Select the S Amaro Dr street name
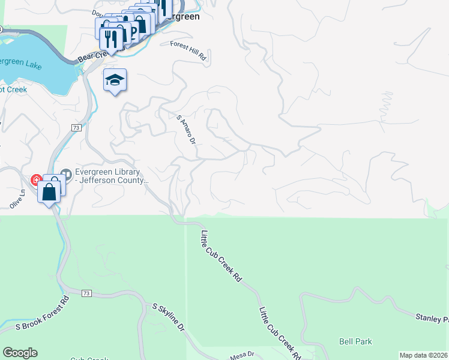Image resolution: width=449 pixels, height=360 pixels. (186, 130)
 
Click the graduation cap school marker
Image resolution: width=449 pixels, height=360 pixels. (115, 80)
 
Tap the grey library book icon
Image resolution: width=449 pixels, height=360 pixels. (65, 175)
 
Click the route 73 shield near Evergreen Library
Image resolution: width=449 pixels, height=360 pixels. (76, 128)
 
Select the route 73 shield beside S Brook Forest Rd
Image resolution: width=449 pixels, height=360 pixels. (87, 293)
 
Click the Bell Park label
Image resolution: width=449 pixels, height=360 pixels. (355, 341)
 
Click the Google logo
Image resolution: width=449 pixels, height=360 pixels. (20, 353)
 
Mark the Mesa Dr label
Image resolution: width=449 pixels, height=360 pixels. (243, 356)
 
